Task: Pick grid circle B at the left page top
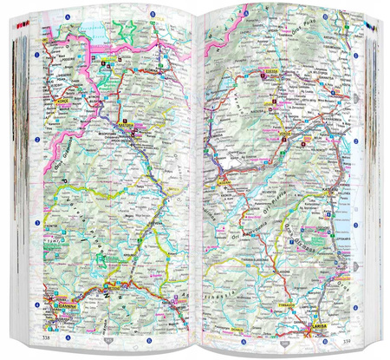tap(153, 15)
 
